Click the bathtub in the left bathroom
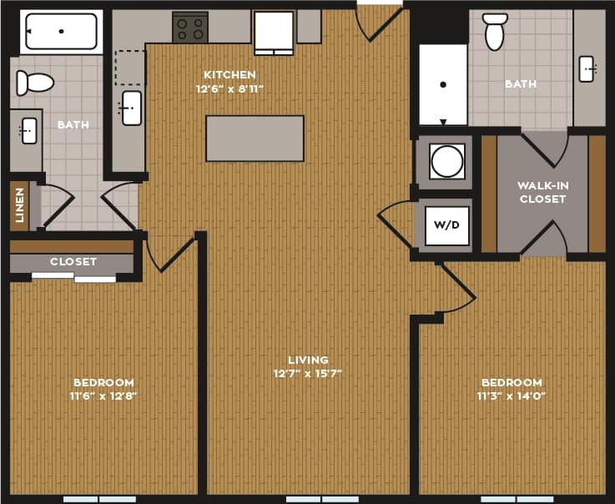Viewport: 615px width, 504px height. pos(61,31)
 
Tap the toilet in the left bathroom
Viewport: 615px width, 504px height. pos(35,83)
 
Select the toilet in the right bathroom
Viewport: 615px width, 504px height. pos(495,31)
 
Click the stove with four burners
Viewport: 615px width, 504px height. pos(190,28)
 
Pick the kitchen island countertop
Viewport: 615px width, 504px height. pos(255,139)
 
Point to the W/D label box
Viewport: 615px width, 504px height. pos(447,225)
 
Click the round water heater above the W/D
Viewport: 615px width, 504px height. pos(447,161)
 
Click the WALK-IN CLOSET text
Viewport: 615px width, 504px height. pos(542,192)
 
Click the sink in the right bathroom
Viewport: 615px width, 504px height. pos(587,68)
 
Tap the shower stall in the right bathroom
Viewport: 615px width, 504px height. pos(442,83)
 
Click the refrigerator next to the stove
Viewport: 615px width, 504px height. pos(274,32)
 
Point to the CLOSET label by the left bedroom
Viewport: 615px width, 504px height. pos(73,261)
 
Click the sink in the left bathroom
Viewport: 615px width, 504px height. pos(28,131)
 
